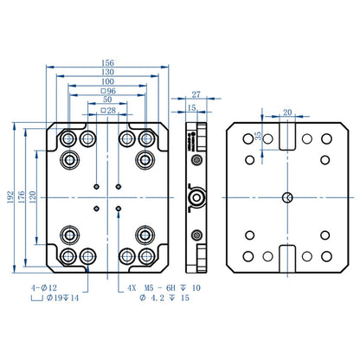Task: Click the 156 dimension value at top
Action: (x=107, y=62)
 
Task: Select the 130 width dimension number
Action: (x=107, y=72)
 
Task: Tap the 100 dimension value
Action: (x=107, y=81)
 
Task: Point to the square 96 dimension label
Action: (x=108, y=91)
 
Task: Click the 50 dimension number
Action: (x=107, y=100)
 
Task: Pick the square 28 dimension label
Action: (x=108, y=110)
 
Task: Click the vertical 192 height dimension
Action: (x=10, y=197)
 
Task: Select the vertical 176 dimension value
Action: (x=22, y=197)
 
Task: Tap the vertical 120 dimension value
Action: (x=32, y=197)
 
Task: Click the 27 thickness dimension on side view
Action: (x=196, y=94)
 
